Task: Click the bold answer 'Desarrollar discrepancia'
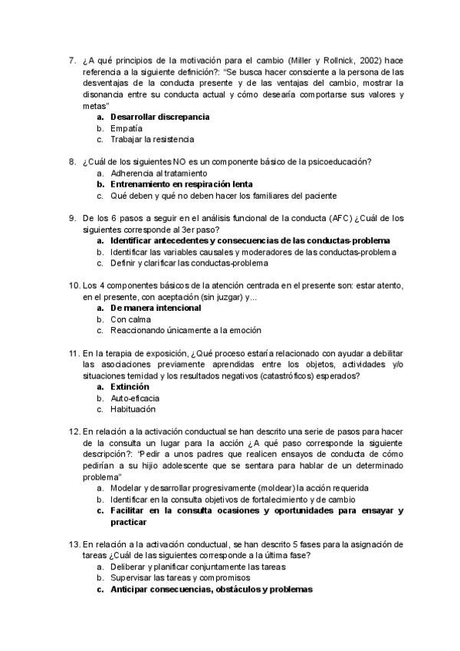pyautogui.click(x=159, y=117)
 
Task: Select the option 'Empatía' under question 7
pyautogui.click(x=127, y=128)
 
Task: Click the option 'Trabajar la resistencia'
pyautogui.click(x=152, y=140)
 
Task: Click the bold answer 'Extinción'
pyautogui.click(x=130, y=387)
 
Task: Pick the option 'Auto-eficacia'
pyautogui.click(x=135, y=398)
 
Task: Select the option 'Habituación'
pyautogui.click(x=133, y=410)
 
